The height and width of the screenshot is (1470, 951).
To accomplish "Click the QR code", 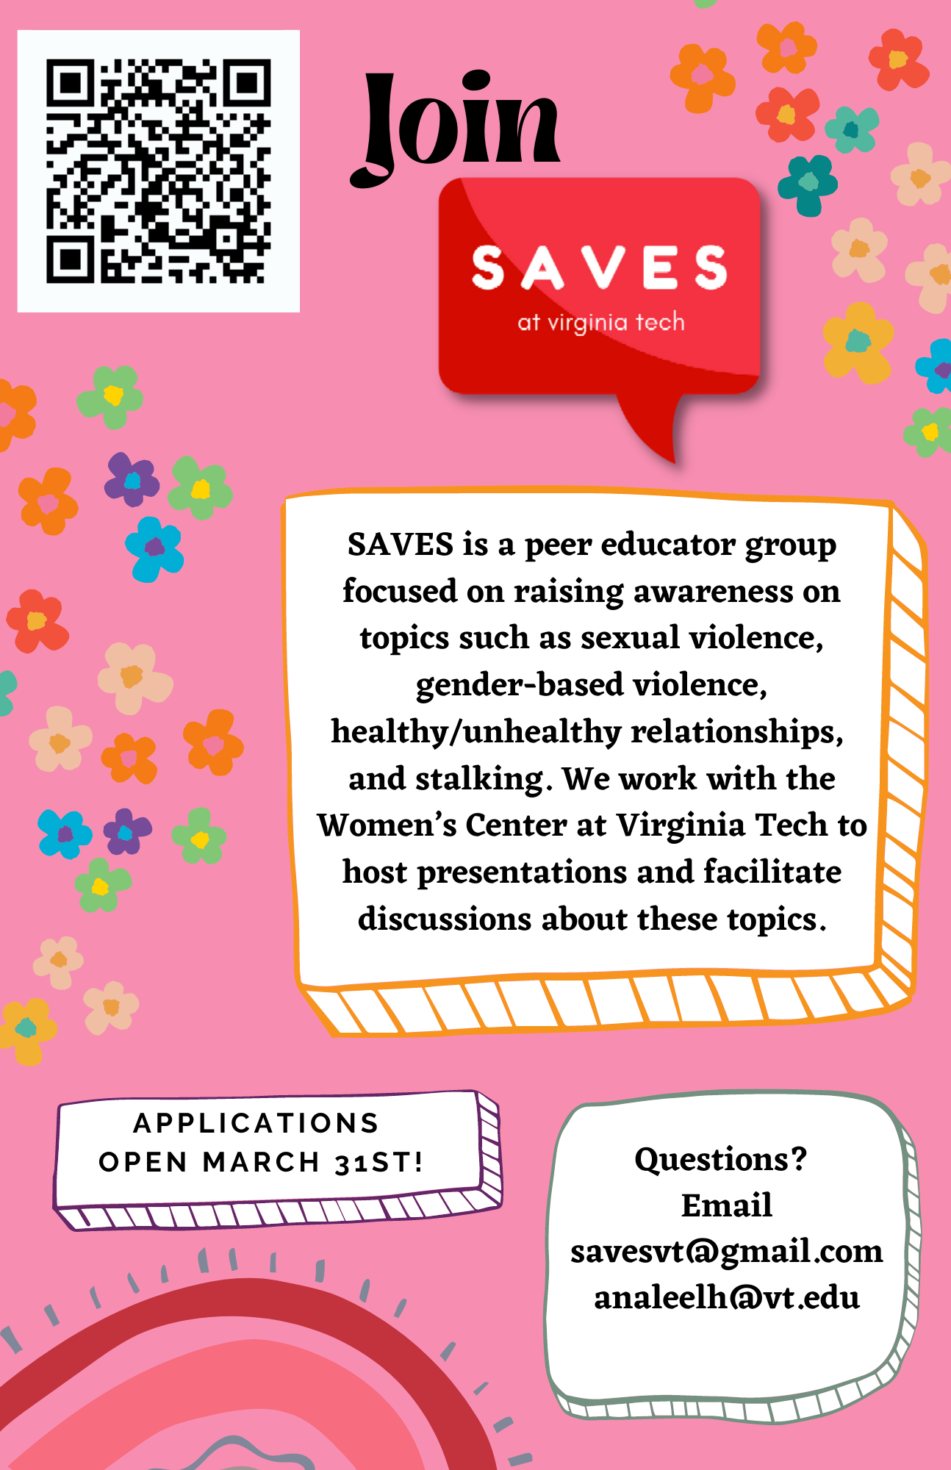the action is pyautogui.click(x=158, y=171).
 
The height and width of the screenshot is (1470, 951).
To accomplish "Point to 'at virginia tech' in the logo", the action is pyautogui.click(x=601, y=323).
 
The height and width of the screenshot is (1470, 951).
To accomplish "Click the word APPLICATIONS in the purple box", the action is pyautogui.click(x=256, y=1123).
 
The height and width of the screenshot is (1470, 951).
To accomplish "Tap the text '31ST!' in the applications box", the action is pyautogui.click(x=379, y=1162).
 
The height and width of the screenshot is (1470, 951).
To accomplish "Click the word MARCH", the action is pyautogui.click(x=261, y=1162).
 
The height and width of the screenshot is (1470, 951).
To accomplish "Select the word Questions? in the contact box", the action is pyautogui.click(x=721, y=1159).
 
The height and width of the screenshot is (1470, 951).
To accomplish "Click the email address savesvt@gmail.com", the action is pyautogui.click(x=727, y=1252).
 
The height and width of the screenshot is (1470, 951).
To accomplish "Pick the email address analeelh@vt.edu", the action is pyautogui.click(x=727, y=1298).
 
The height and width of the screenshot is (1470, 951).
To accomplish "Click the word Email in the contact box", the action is pyautogui.click(x=727, y=1205).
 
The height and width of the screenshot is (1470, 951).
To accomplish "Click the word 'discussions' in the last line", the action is pyautogui.click(x=445, y=919).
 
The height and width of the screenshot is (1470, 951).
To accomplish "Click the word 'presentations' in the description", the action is pyautogui.click(x=523, y=872).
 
